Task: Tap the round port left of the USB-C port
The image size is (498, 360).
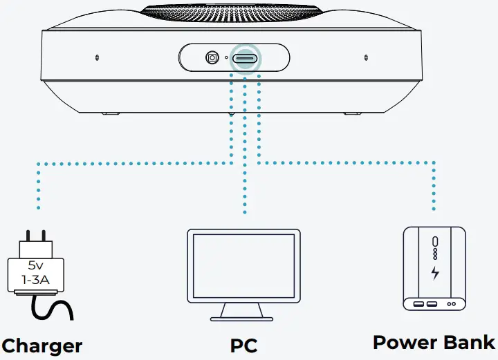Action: tap(212, 58)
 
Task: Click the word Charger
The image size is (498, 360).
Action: tap(41, 345)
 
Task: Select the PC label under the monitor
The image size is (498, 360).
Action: tap(243, 345)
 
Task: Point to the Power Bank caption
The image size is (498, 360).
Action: tap(434, 342)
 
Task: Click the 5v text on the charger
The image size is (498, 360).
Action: tap(35, 265)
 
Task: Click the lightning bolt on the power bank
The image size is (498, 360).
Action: tap(434, 272)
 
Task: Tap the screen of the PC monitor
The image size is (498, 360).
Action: tap(243, 265)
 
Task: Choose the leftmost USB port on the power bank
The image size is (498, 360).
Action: tap(418, 304)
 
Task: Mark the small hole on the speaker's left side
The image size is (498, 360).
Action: tap(97, 56)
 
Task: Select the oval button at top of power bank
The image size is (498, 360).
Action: tap(434, 241)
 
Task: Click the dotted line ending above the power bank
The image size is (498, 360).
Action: tap(434, 187)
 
